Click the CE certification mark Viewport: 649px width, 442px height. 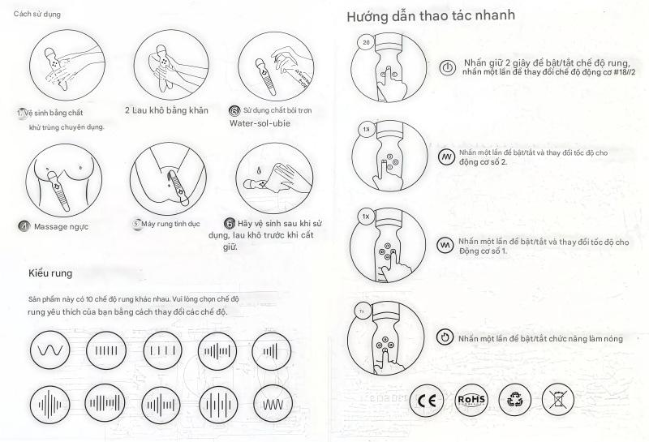point(427,400)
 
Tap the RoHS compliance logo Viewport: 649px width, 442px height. point(471,400)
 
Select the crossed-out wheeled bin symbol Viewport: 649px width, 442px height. point(557,400)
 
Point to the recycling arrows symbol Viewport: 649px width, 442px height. point(514,400)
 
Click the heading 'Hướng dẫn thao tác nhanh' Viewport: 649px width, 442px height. point(431,15)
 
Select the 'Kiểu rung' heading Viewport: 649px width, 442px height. point(50,273)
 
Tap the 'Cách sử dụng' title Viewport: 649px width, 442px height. point(37,14)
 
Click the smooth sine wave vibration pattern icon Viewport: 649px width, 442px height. point(49,350)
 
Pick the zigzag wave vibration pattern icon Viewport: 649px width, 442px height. point(273,405)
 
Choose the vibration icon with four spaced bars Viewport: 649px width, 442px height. point(163,350)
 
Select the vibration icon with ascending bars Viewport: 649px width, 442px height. point(271,350)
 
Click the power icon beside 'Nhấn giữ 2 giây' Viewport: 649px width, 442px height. point(447,67)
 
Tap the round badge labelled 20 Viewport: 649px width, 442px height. point(366,42)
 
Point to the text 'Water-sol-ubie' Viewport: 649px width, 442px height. point(260,123)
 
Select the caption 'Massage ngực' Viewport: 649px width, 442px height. point(62,227)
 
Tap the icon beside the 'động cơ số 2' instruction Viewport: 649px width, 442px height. point(446,157)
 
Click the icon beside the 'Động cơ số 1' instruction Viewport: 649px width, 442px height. point(445,246)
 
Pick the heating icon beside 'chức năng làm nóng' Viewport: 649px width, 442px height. point(445,337)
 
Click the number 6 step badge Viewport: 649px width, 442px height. point(230,224)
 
